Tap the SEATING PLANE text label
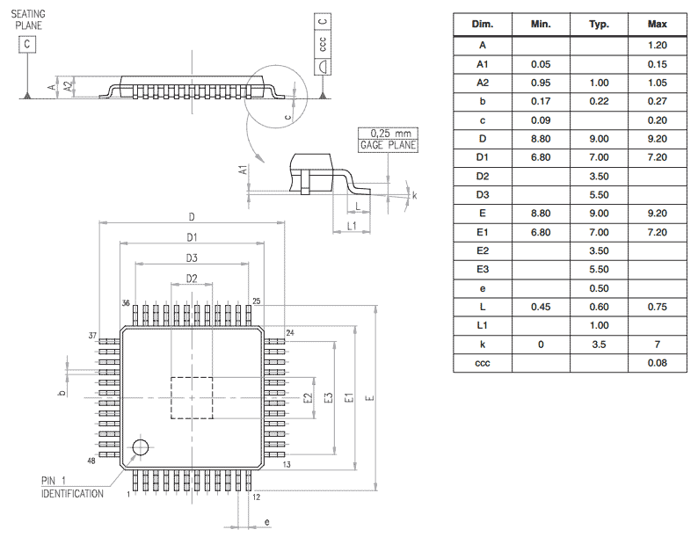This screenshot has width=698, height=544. [28, 19]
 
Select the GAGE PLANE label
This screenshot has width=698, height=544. [388, 145]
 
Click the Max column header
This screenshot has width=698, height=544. [657, 24]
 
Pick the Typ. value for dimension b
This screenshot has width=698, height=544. [599, 101]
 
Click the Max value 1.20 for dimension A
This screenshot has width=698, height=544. [657, 46]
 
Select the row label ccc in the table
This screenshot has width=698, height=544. [482, 363]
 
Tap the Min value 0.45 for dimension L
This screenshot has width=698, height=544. [541, 308]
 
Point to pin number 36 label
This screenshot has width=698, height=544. [126, 302]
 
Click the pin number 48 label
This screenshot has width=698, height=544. [91, 461]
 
